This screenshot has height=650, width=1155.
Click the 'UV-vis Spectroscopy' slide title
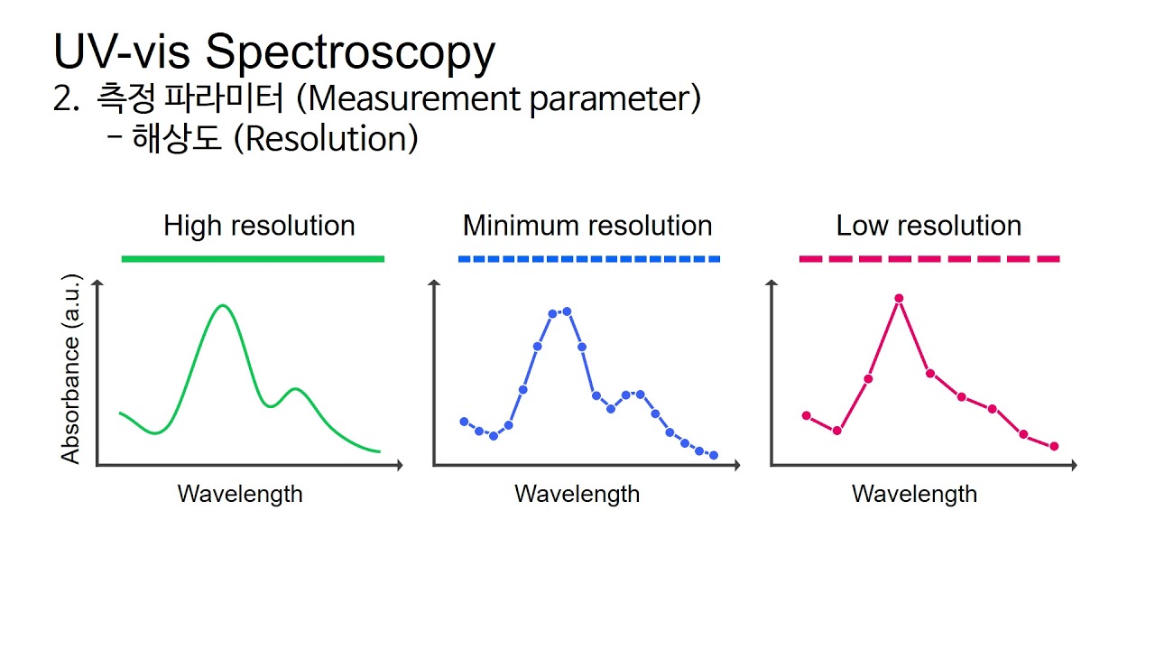tap(273, 51)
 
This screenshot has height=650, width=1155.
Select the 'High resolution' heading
tap(259, 226)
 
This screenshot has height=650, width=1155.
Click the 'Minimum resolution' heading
tap(587, 226)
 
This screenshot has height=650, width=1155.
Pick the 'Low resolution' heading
tap(929, 226)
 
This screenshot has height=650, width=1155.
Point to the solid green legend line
tap(253, 259)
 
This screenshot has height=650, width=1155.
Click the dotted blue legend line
tap(588, 259)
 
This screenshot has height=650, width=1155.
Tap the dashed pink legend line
tap(929, 259)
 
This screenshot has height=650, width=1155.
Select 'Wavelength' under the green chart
tap(240, 494)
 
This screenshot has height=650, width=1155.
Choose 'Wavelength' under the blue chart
tap(577, 494)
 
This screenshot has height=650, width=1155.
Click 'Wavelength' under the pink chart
tap(914, 494)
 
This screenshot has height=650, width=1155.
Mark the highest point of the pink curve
tap(899, 298)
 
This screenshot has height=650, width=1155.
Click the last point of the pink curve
tap(1054, 446)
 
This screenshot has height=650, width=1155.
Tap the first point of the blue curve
tap(464, 422)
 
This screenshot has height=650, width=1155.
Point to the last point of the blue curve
tap(714, 455)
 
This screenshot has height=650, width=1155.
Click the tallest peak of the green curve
tap(223, 306)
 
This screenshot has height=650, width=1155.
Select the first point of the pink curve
tap(807, 415)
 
